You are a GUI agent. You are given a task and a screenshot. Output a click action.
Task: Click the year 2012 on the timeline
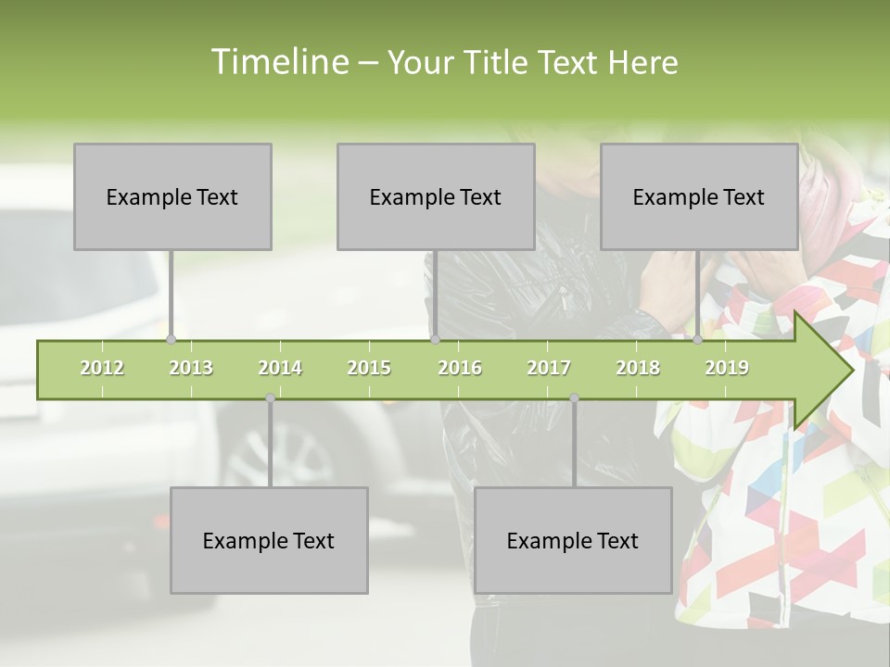(102, 369)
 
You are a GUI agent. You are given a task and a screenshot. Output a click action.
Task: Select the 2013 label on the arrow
(191, 369)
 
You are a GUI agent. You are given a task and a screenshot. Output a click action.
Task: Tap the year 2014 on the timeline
(280, 369)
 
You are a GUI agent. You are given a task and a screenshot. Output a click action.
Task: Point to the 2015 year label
(369, 369)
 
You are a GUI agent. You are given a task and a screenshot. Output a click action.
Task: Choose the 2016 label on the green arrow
(460, 369)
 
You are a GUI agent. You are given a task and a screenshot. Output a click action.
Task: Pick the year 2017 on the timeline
(549, 369)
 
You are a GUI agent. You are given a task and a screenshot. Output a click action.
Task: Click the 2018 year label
(638, 369)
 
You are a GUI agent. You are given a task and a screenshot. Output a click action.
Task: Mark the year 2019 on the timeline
(727, 369)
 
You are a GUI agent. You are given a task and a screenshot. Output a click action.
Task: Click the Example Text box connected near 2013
(172, 196)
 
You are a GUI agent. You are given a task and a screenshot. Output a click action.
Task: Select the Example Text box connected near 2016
(436, 196)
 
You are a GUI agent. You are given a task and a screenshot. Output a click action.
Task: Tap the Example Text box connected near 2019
(699, 196)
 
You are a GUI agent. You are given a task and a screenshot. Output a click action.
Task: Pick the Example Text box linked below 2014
(269, 540)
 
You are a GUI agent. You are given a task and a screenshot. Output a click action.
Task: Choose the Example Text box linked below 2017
(573, 540)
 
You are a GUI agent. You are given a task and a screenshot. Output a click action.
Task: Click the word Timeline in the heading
(279, 62)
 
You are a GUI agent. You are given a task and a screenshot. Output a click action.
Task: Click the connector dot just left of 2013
(172, 340)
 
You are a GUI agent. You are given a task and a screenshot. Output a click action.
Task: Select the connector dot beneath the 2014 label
(270, 398)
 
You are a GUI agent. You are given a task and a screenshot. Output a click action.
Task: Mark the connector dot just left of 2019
(698, 340)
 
